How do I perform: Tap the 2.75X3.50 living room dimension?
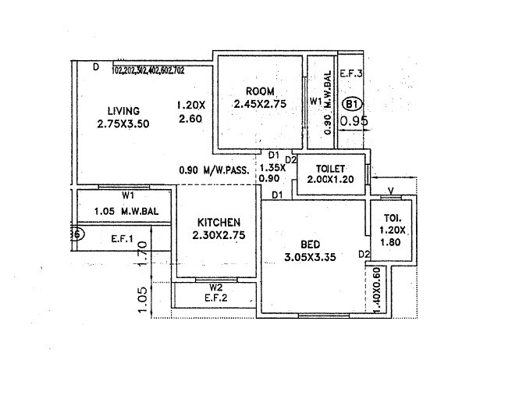coord(123,124)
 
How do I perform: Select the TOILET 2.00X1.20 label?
coord(329,174)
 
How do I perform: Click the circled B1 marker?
coord(353,103)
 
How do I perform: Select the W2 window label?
coord(213,285)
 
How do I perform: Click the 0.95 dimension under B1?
coord(354,121)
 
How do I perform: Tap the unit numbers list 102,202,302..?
coord(148,70)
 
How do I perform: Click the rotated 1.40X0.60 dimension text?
coord(377,291)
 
